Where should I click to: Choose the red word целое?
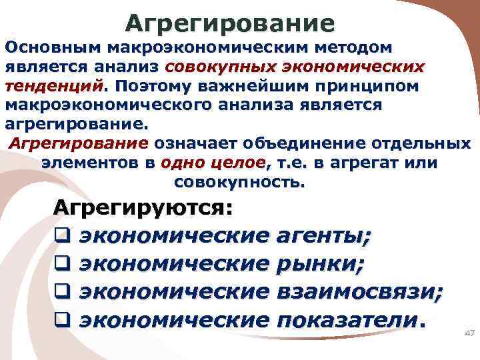[236, 163]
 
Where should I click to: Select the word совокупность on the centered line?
[239, 181]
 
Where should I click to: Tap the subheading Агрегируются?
[143, 206]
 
